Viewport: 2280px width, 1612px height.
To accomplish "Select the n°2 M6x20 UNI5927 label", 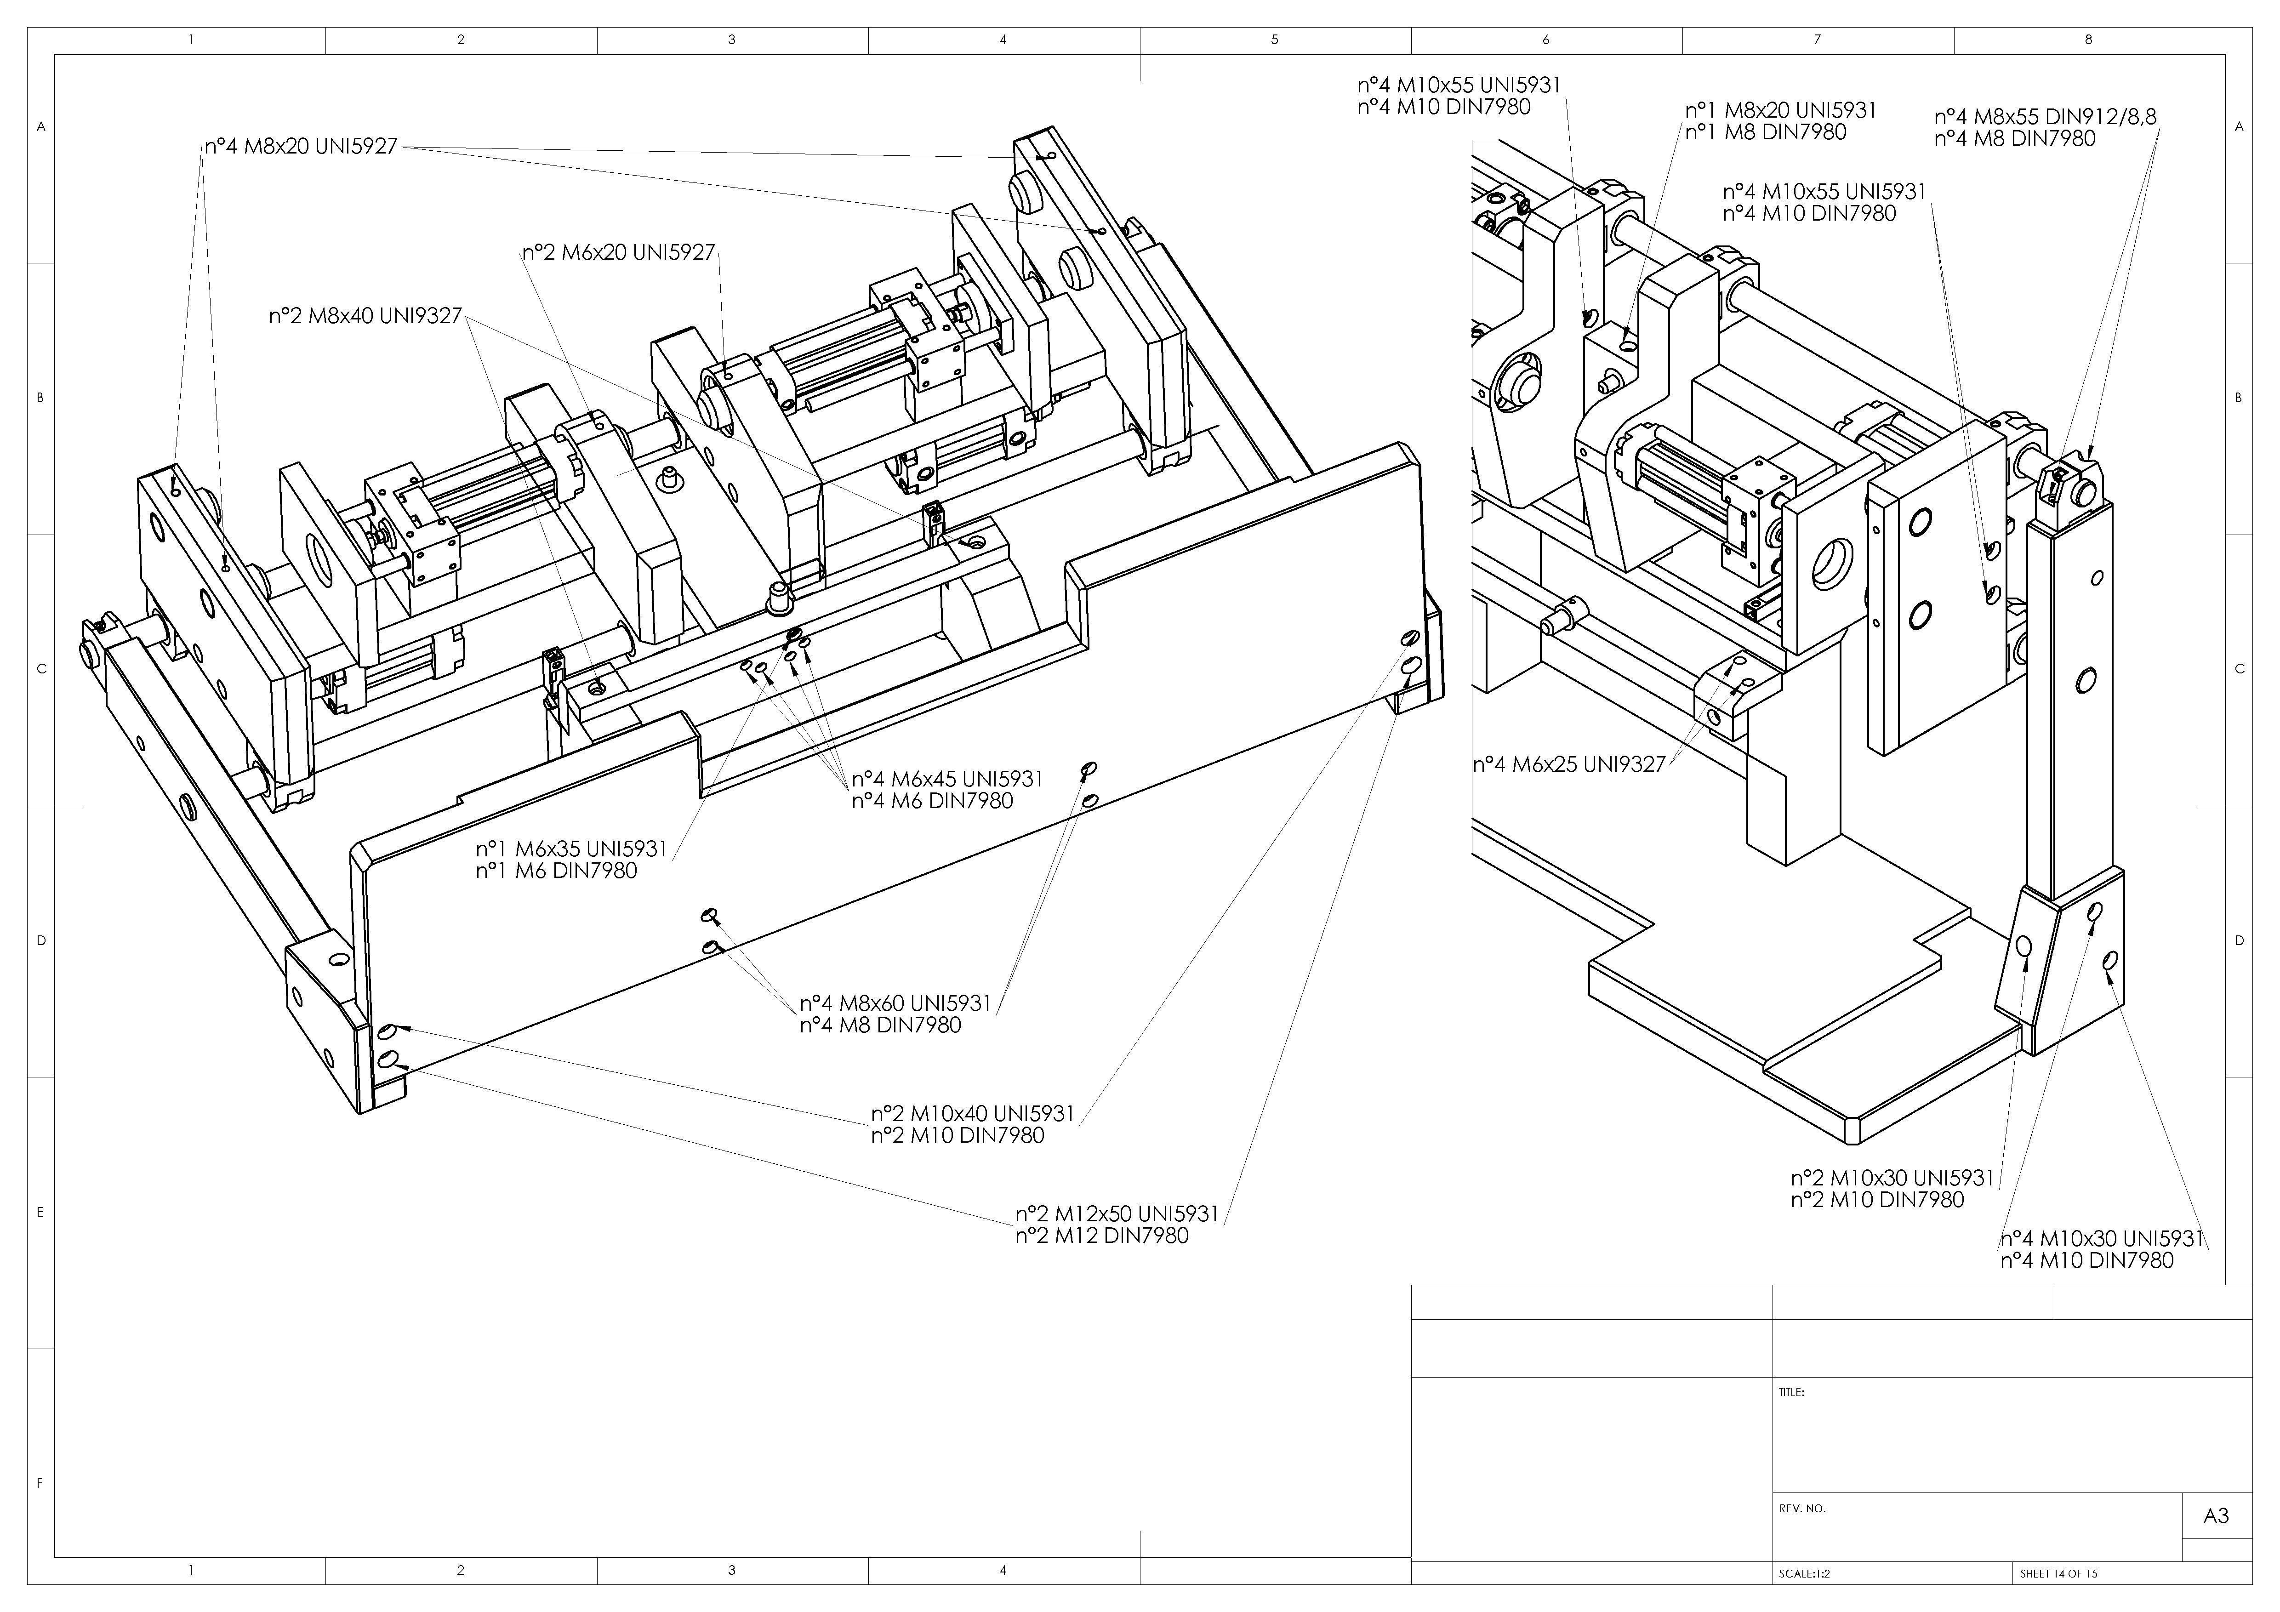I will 619,252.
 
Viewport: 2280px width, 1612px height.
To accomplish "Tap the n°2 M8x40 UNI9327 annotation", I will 365,316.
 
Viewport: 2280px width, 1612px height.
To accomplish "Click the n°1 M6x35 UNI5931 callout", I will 571,849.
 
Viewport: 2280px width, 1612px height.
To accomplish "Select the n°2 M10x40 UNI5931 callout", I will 973,1113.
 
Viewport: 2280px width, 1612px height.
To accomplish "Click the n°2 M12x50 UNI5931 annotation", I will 1117,1214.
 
